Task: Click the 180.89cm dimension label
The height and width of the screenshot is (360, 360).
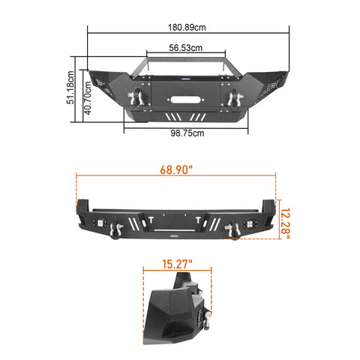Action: coord(187,27)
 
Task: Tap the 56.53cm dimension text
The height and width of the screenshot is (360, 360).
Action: coord(185,48)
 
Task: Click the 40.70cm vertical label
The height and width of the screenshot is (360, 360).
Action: coord(87,97)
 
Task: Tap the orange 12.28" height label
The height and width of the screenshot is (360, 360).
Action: coord(285,220)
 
